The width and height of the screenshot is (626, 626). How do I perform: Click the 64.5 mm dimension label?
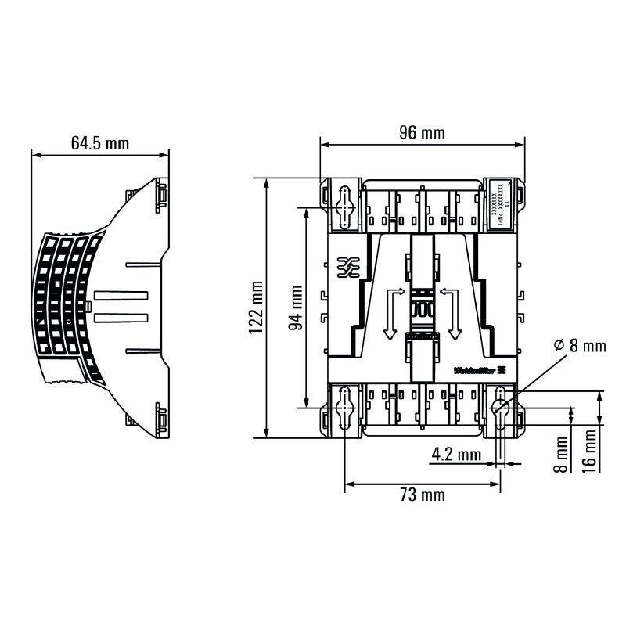[99, 143]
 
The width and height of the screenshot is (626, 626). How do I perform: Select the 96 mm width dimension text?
[422, 133]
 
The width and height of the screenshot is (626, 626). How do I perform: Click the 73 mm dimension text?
[422, 495]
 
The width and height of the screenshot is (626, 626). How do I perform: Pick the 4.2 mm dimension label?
[456, 453]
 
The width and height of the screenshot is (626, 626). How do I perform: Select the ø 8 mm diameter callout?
[578, 345]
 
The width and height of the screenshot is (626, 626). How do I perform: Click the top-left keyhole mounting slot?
[344, 207]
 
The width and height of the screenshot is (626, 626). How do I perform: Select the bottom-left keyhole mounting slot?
[344, 407]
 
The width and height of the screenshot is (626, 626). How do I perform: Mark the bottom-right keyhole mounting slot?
[499, 407]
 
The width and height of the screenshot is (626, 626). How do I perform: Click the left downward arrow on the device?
[389, 313]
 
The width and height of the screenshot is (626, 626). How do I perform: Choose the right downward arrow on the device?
[454, 313]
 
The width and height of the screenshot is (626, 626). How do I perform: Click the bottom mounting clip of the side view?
[160, 419]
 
